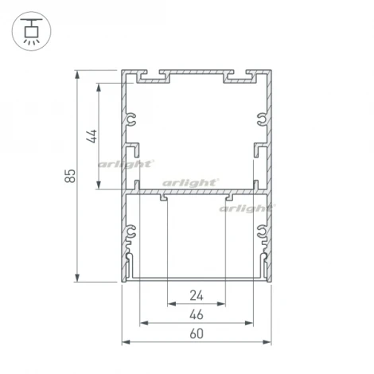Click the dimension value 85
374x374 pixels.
pyautogui.click(x=70, y=175)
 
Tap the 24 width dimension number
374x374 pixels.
pyautogui.click(x=197, y=296)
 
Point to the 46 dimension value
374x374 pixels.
pyautogui.click(x=197, y=315)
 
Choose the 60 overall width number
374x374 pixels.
pyautogui.click(x=197, y=334)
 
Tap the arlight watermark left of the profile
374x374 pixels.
pyautogui.click(x=125, y=165)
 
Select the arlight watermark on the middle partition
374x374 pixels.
pyautogui.click(x=190, y=182)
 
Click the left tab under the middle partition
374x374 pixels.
pyautogui.click(x=163, y=197)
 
